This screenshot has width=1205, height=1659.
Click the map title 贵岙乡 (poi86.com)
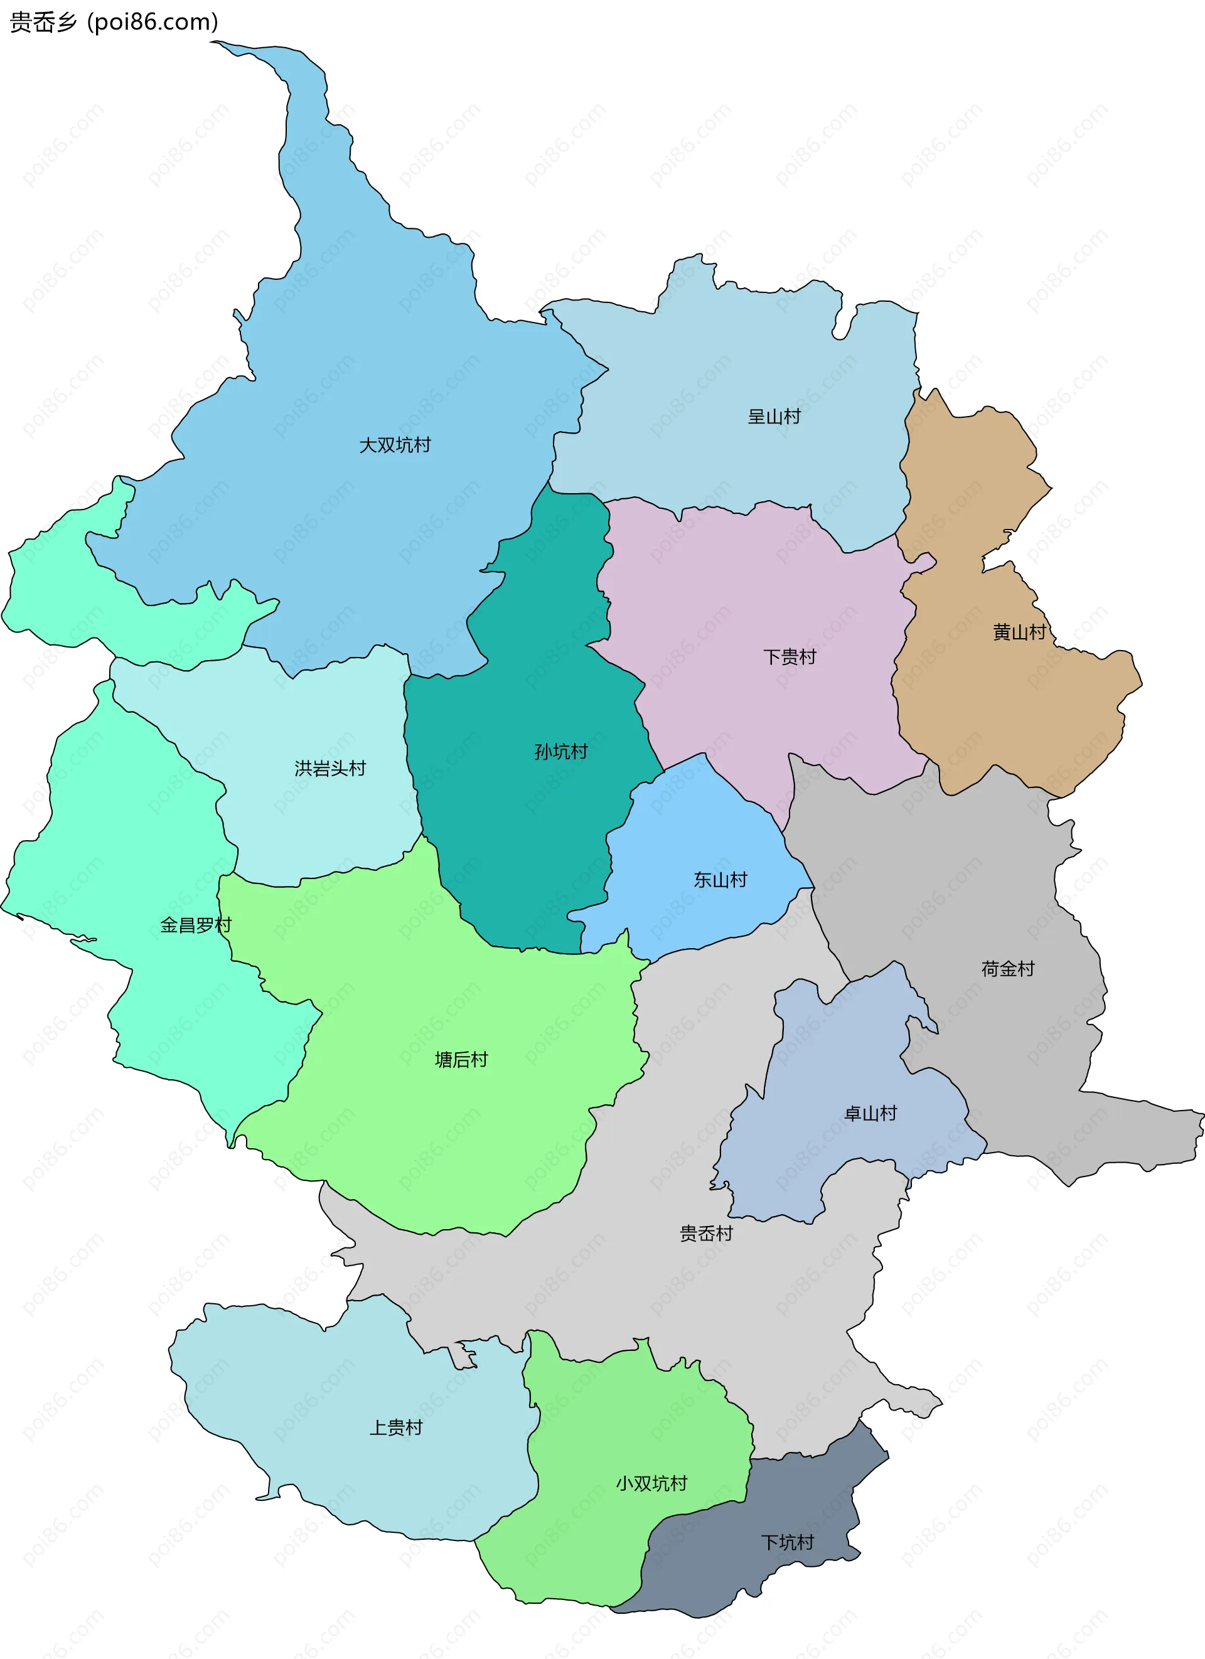pos(114,22)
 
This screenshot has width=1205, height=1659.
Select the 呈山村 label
pos(774,417)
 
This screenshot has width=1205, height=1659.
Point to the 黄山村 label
pos(1019,632)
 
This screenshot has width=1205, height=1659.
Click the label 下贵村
pos(790,657)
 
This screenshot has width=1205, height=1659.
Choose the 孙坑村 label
pos(561,751)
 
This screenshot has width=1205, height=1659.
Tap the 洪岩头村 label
pos(330,768)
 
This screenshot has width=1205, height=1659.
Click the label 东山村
pos(720,880)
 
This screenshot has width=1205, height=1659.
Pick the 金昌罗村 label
pos(195,926)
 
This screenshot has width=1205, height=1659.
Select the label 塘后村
pos(461,1060)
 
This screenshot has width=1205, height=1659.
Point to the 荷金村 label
pos(1007,969)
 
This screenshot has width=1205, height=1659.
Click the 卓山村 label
pos(870,1113)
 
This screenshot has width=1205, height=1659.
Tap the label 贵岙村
pos(706,1234)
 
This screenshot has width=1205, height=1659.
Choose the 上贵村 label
pos(396,1427)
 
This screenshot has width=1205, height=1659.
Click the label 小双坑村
pos(651,1483)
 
